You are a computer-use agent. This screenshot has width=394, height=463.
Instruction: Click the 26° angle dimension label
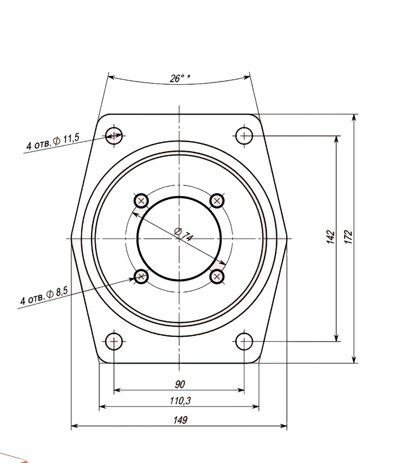tap(180, 78)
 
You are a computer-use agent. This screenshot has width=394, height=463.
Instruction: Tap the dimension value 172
tap(349, 237)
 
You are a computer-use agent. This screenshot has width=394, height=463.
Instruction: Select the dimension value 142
tap(331, 237)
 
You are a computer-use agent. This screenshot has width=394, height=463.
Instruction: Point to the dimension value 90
tap(180, 384)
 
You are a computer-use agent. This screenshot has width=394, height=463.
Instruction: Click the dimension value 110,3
tap(180, 401)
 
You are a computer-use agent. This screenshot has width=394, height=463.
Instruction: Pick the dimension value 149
tap(180, 420)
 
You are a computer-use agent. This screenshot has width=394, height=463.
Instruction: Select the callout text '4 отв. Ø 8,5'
tap(44, 296)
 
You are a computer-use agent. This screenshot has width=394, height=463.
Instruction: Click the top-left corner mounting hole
tap(114, 136)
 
